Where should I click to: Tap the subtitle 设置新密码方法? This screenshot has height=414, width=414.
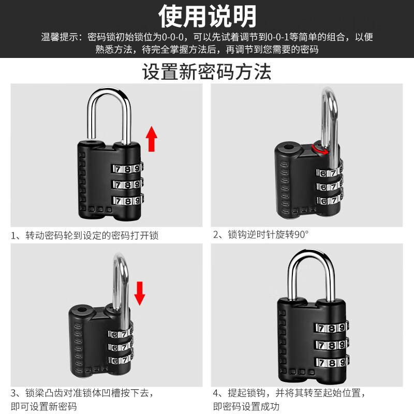pyautogui.click(x=207, y=71)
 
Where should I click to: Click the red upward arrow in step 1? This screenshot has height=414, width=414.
pyautogui.click(x=151, y=138)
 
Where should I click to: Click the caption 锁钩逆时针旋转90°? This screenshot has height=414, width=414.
pyautogui.click(x=261, y=234)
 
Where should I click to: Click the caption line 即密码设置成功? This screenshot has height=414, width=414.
pyautogui.click(x=246, y=406)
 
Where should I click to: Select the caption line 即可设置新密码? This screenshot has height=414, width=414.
pyautogui.click(x=43, y=406)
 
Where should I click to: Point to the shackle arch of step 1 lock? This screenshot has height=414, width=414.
pyautogui.click(x=109, y=98)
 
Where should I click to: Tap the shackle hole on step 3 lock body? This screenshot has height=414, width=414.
pyautogui.click(x=81, y=313)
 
